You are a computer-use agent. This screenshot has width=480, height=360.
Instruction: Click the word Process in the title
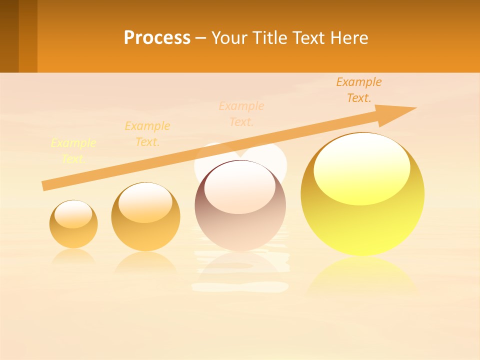tap(157, 38)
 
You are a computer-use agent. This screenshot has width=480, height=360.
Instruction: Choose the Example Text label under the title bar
tap(359, 90)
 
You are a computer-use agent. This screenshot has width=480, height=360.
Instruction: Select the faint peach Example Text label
tap(241, 114)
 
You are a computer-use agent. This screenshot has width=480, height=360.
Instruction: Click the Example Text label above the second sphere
tap(147, 134)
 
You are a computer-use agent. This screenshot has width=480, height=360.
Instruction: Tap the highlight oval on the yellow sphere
tap(361, 169)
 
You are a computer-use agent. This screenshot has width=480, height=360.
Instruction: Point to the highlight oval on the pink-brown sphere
tap(240, 188)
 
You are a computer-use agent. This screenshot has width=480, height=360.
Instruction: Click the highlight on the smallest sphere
tap(73, 214)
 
